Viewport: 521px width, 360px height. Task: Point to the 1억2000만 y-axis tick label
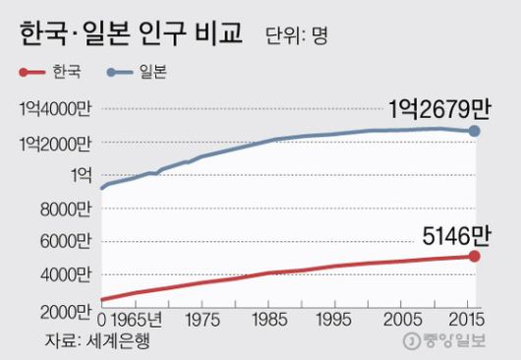(x=50, y=145)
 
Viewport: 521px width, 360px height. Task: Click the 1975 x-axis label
(x=201, y=321)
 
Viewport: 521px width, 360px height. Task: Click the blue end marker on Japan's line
(x=475, y=131)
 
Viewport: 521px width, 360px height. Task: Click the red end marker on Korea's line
(x=475, y=257)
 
